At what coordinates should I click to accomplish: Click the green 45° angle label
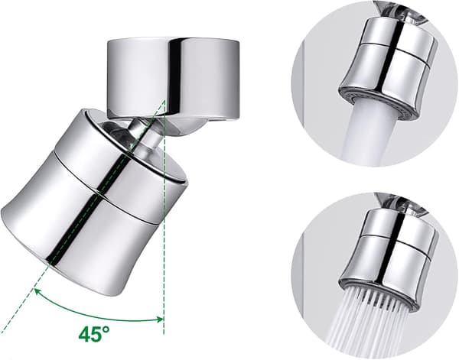point(94,334)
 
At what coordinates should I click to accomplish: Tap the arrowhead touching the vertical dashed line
point(160,319)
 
